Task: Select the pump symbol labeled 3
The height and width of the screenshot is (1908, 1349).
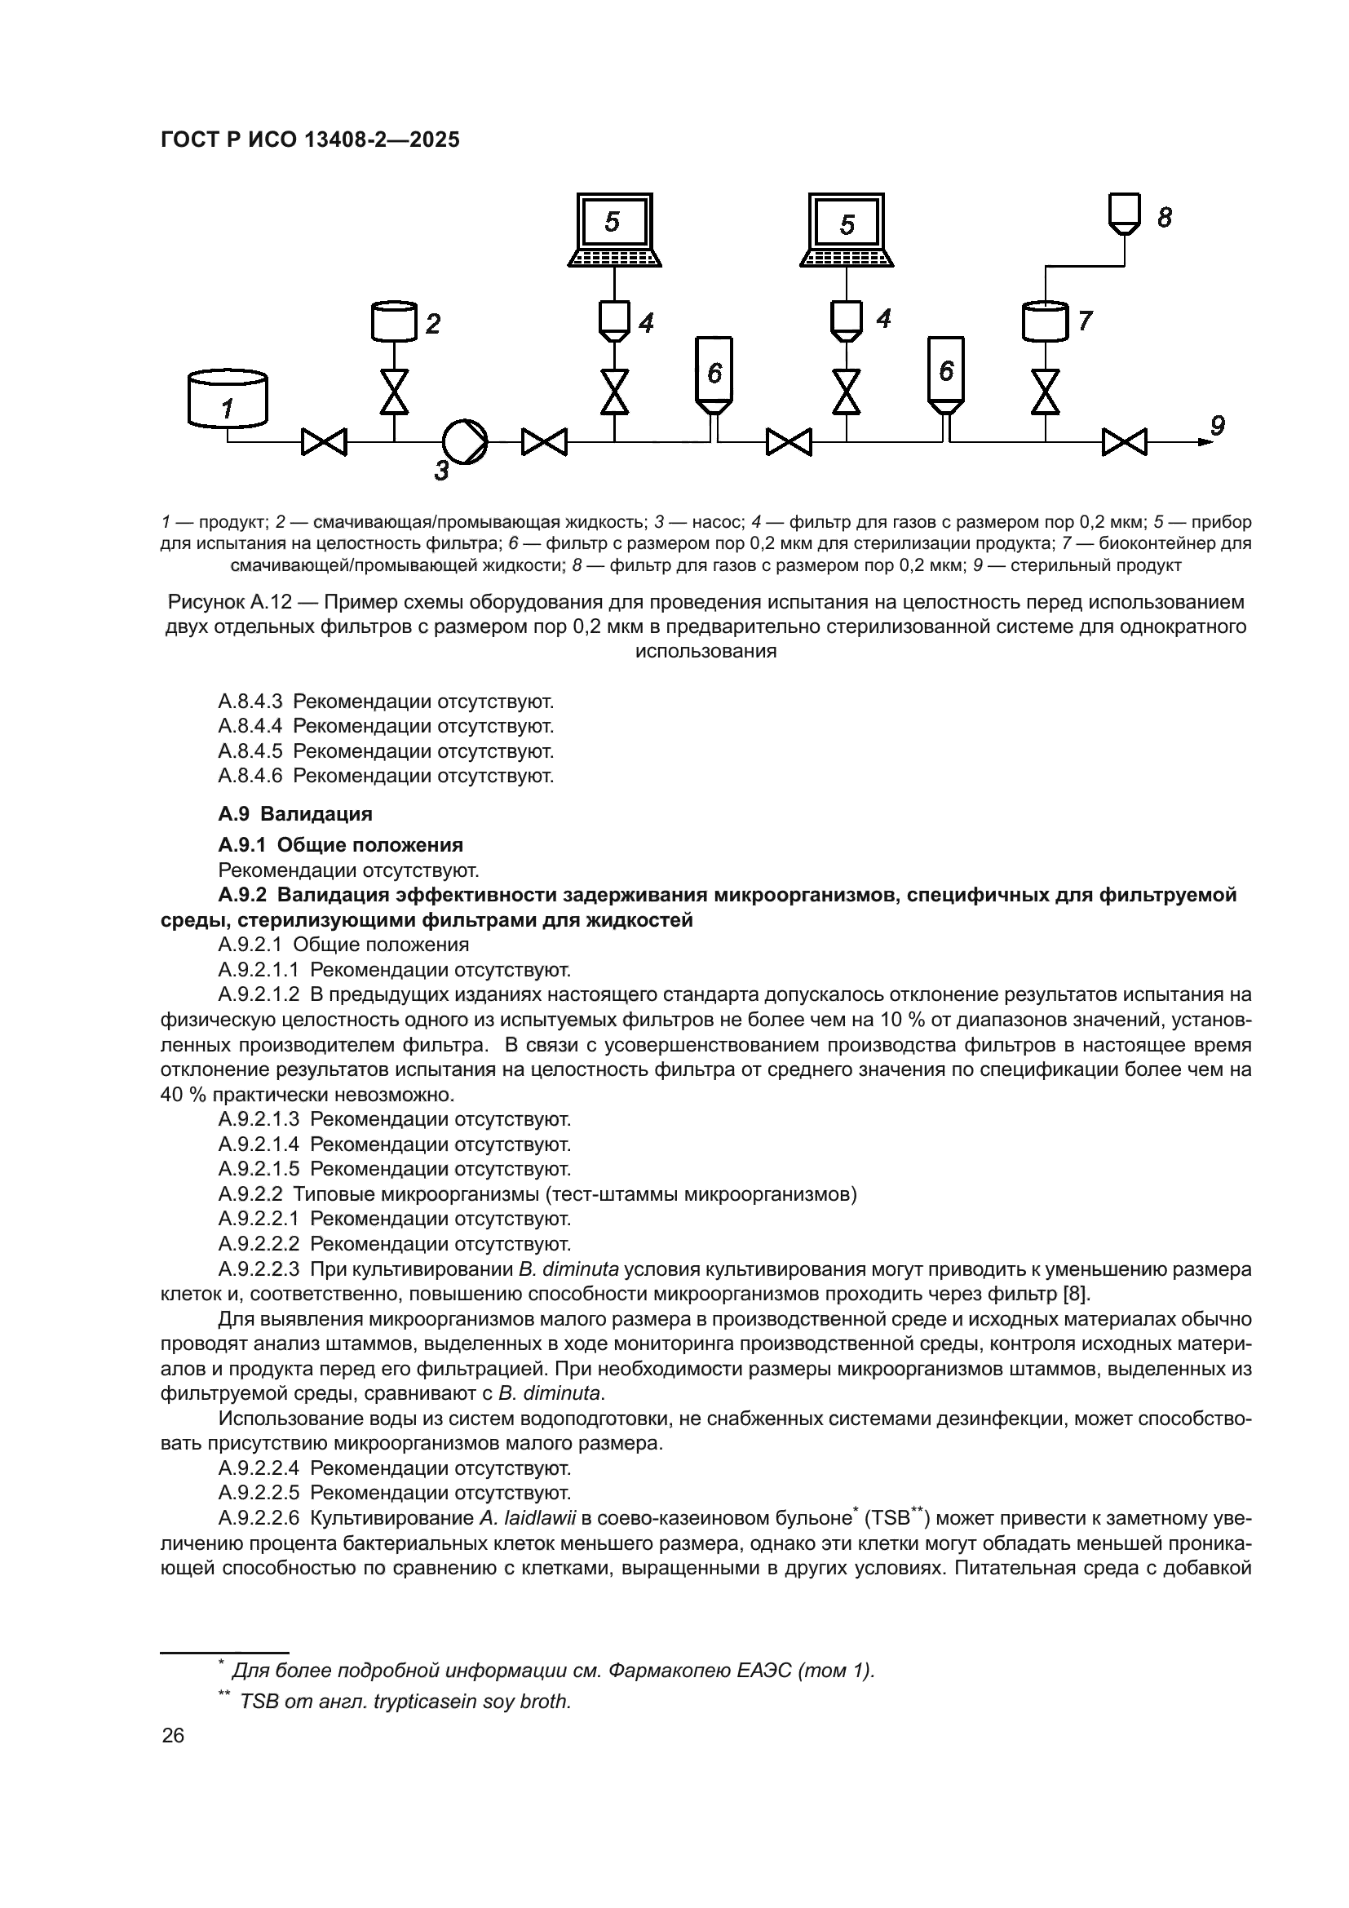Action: [464, 441]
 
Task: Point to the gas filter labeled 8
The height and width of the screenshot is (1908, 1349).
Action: [1125, 213]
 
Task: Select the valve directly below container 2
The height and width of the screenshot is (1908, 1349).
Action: [394, 392]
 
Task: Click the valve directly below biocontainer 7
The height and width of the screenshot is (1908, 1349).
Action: [1046, 392]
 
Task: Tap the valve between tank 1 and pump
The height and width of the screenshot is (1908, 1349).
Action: [324, 441]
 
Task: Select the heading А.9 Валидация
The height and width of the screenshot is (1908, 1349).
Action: [295, 813]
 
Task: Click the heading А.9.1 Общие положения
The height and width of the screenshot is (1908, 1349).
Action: [341, 845]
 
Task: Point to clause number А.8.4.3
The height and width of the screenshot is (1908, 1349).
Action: [250, 702]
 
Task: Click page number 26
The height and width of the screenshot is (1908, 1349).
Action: [173, 1735]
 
